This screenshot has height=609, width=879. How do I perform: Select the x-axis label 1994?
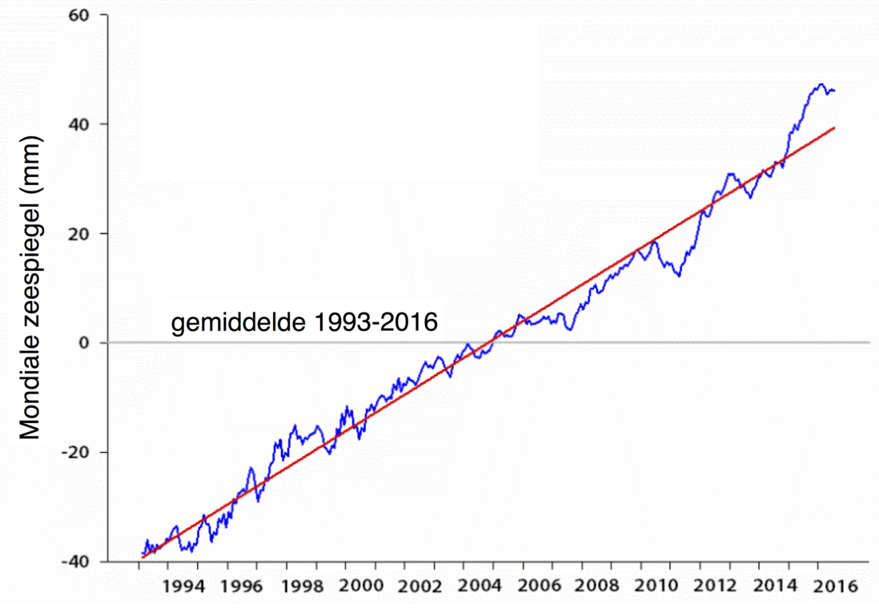click(x=183, y=586)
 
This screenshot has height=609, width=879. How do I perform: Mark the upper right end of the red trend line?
click(x=835, y=127)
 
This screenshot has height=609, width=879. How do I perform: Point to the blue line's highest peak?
click(x=821, y=84)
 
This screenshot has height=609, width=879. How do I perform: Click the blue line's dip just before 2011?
click(x=679, y=276)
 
